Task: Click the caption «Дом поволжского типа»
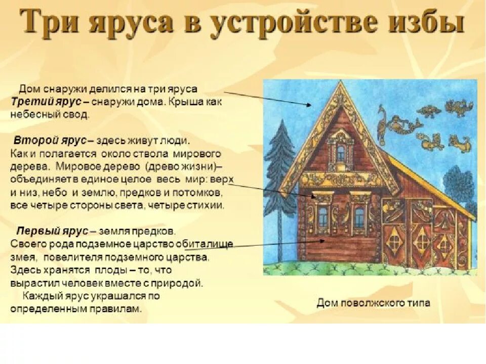374,303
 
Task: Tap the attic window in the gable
341,151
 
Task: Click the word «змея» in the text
22,257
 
